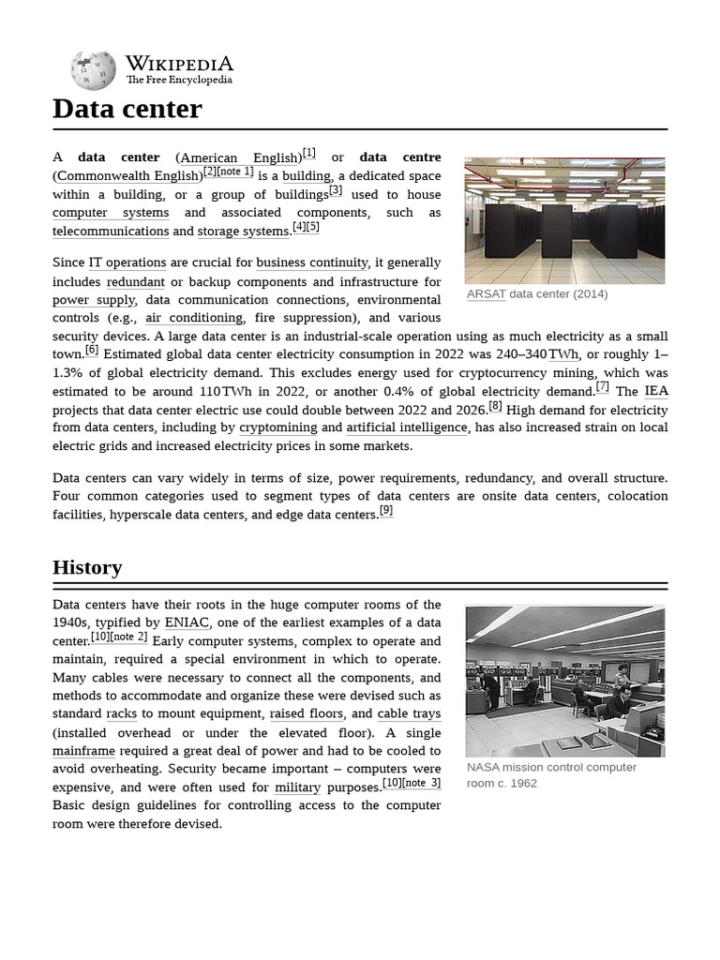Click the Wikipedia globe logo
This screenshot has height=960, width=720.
pyautogui.click(x=93, y=70)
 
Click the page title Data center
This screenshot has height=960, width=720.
pyautogui.click(x=127, y=109)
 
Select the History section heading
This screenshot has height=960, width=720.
pyautogui.click(x=87, y=567)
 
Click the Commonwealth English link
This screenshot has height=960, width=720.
pyautogui.click(x=127, y=176)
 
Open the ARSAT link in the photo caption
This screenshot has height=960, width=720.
pyautogui.click(x=486, y=293)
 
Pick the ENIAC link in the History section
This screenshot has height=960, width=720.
pyautogui.click(x=187, y=622)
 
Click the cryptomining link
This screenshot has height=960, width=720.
pyautogui.click(x=277, y=427)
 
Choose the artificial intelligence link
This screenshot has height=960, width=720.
pyautogui.click(x=407, y=427)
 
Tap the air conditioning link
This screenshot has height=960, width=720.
pyautogui.click(x=194, y=318)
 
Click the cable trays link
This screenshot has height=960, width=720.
pyautogui.click(x=409, y=713)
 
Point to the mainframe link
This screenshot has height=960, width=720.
pyautogui.click(x=84, y=751)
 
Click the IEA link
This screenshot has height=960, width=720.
pyautogui.click(x=656, y=391)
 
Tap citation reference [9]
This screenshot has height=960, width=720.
pyautogui.click(x=386, y=511)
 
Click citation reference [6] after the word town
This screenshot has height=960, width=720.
pyautogui.click(x=92, y=350)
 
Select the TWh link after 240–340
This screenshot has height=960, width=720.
pyautogui.click(x=563, y=354)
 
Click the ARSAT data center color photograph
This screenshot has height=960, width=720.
pyautogui.click(x=564, y=220)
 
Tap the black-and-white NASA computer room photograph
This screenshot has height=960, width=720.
pyautogui.click(x=564, y=681)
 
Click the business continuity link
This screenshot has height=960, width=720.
pyautogui.click(x=312, y=262)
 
